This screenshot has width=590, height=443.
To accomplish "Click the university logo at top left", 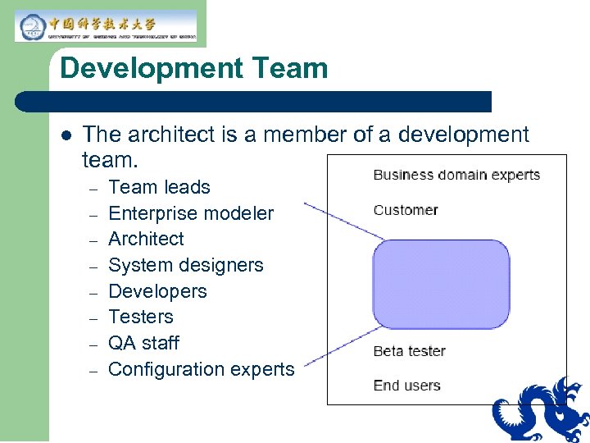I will (x=106, y=25).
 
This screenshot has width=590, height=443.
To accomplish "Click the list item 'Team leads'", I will (x=159, y=187).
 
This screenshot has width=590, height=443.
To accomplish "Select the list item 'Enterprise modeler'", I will (x=191, y=213).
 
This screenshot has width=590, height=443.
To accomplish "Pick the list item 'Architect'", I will (x=146, y=239).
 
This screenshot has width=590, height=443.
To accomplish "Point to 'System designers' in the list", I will (x=186, y=265).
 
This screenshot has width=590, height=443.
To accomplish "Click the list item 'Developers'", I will (x=157, y=291).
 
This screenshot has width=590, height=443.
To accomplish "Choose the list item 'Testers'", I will (x=141, y=317).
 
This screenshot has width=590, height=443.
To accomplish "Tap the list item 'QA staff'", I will (x=143, y=343).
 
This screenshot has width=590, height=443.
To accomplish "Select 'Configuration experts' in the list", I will (x=201, y=369).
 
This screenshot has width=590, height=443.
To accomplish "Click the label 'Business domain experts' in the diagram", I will (x=456, y=175).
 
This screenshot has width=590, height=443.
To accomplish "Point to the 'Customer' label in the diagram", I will (x=405, y=210).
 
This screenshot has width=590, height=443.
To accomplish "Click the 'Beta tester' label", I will (x=409, y=351).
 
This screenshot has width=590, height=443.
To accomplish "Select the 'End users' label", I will (x=406, y=386).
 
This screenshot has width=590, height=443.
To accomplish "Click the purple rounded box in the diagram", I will (x=441, y=283).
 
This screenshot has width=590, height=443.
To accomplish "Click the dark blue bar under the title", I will (x=254, y=102).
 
